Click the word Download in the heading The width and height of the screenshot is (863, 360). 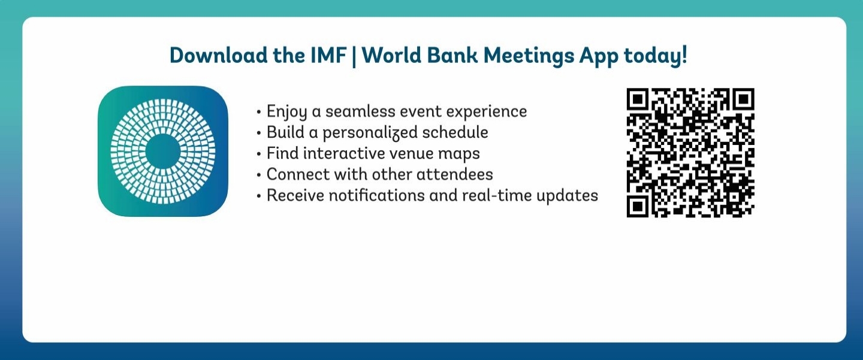[x=219, y=55]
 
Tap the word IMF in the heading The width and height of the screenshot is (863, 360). [x=328, y=55]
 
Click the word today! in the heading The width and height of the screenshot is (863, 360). [x=656, y=56]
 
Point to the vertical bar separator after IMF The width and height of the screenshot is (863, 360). [x=354, y=56]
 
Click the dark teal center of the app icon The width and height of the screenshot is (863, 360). [x=162, y=152]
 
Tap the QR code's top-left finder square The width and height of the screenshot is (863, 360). [x=638, y=99]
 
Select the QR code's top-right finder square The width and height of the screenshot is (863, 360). [x=743, y=99]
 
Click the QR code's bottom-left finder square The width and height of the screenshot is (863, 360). [x=638, y=205]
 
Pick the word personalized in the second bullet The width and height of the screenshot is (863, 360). [x=370, y=133]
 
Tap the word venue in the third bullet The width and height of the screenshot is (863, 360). [x=411, y=153]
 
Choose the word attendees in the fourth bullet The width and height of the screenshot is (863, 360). [x=455, y=174]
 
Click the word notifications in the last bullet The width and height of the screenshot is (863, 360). [x=376, y=195]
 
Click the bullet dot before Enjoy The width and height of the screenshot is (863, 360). [x=258, y=112]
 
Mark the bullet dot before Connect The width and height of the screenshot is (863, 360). [x=258, y=175]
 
